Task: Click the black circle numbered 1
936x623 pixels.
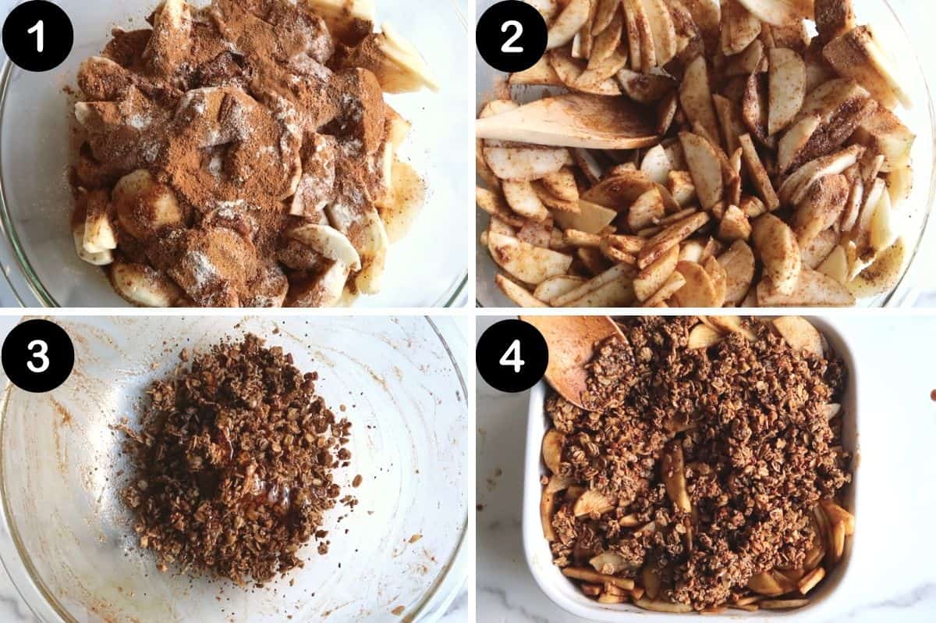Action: click(37, 36)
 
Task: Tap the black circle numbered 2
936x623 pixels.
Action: click(512, 36)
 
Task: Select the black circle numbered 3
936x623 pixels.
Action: click(37, 356)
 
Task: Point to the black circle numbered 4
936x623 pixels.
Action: click(512, 356)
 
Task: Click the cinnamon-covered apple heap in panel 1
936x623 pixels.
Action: click(234, 156)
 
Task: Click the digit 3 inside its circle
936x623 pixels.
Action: click(37, 356)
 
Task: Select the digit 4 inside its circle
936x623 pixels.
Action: click(512, 356)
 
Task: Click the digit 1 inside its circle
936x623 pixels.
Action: click(37, 36)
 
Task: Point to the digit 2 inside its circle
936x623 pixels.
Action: click(512, 36)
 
